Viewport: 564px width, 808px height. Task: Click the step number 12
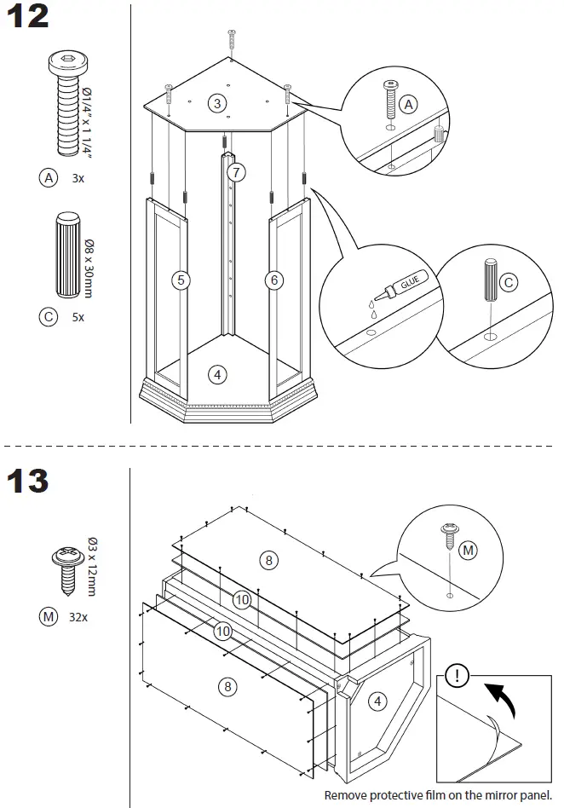[28, 16]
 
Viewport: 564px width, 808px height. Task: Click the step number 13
[28, 481]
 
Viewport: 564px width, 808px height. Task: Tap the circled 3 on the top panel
[217, 104]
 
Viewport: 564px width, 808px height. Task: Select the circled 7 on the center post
[236, 172]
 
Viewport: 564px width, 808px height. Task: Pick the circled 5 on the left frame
[181, 280]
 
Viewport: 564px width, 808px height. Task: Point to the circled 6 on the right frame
[274, 280]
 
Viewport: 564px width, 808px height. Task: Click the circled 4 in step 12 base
[217, 375]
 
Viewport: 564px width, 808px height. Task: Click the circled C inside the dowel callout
[509, 282]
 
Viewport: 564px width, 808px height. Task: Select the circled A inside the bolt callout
[408, 105]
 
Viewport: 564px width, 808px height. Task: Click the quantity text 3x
[78, 179]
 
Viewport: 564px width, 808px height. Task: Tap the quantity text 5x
[78, 317]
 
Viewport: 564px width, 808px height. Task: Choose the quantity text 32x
[78, 617]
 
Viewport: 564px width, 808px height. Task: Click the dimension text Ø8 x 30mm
[89, 268]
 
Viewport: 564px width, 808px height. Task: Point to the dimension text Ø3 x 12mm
[92, 567]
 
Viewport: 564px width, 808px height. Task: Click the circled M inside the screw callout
[469, 551]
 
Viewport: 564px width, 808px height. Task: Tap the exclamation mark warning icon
[457, 676]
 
